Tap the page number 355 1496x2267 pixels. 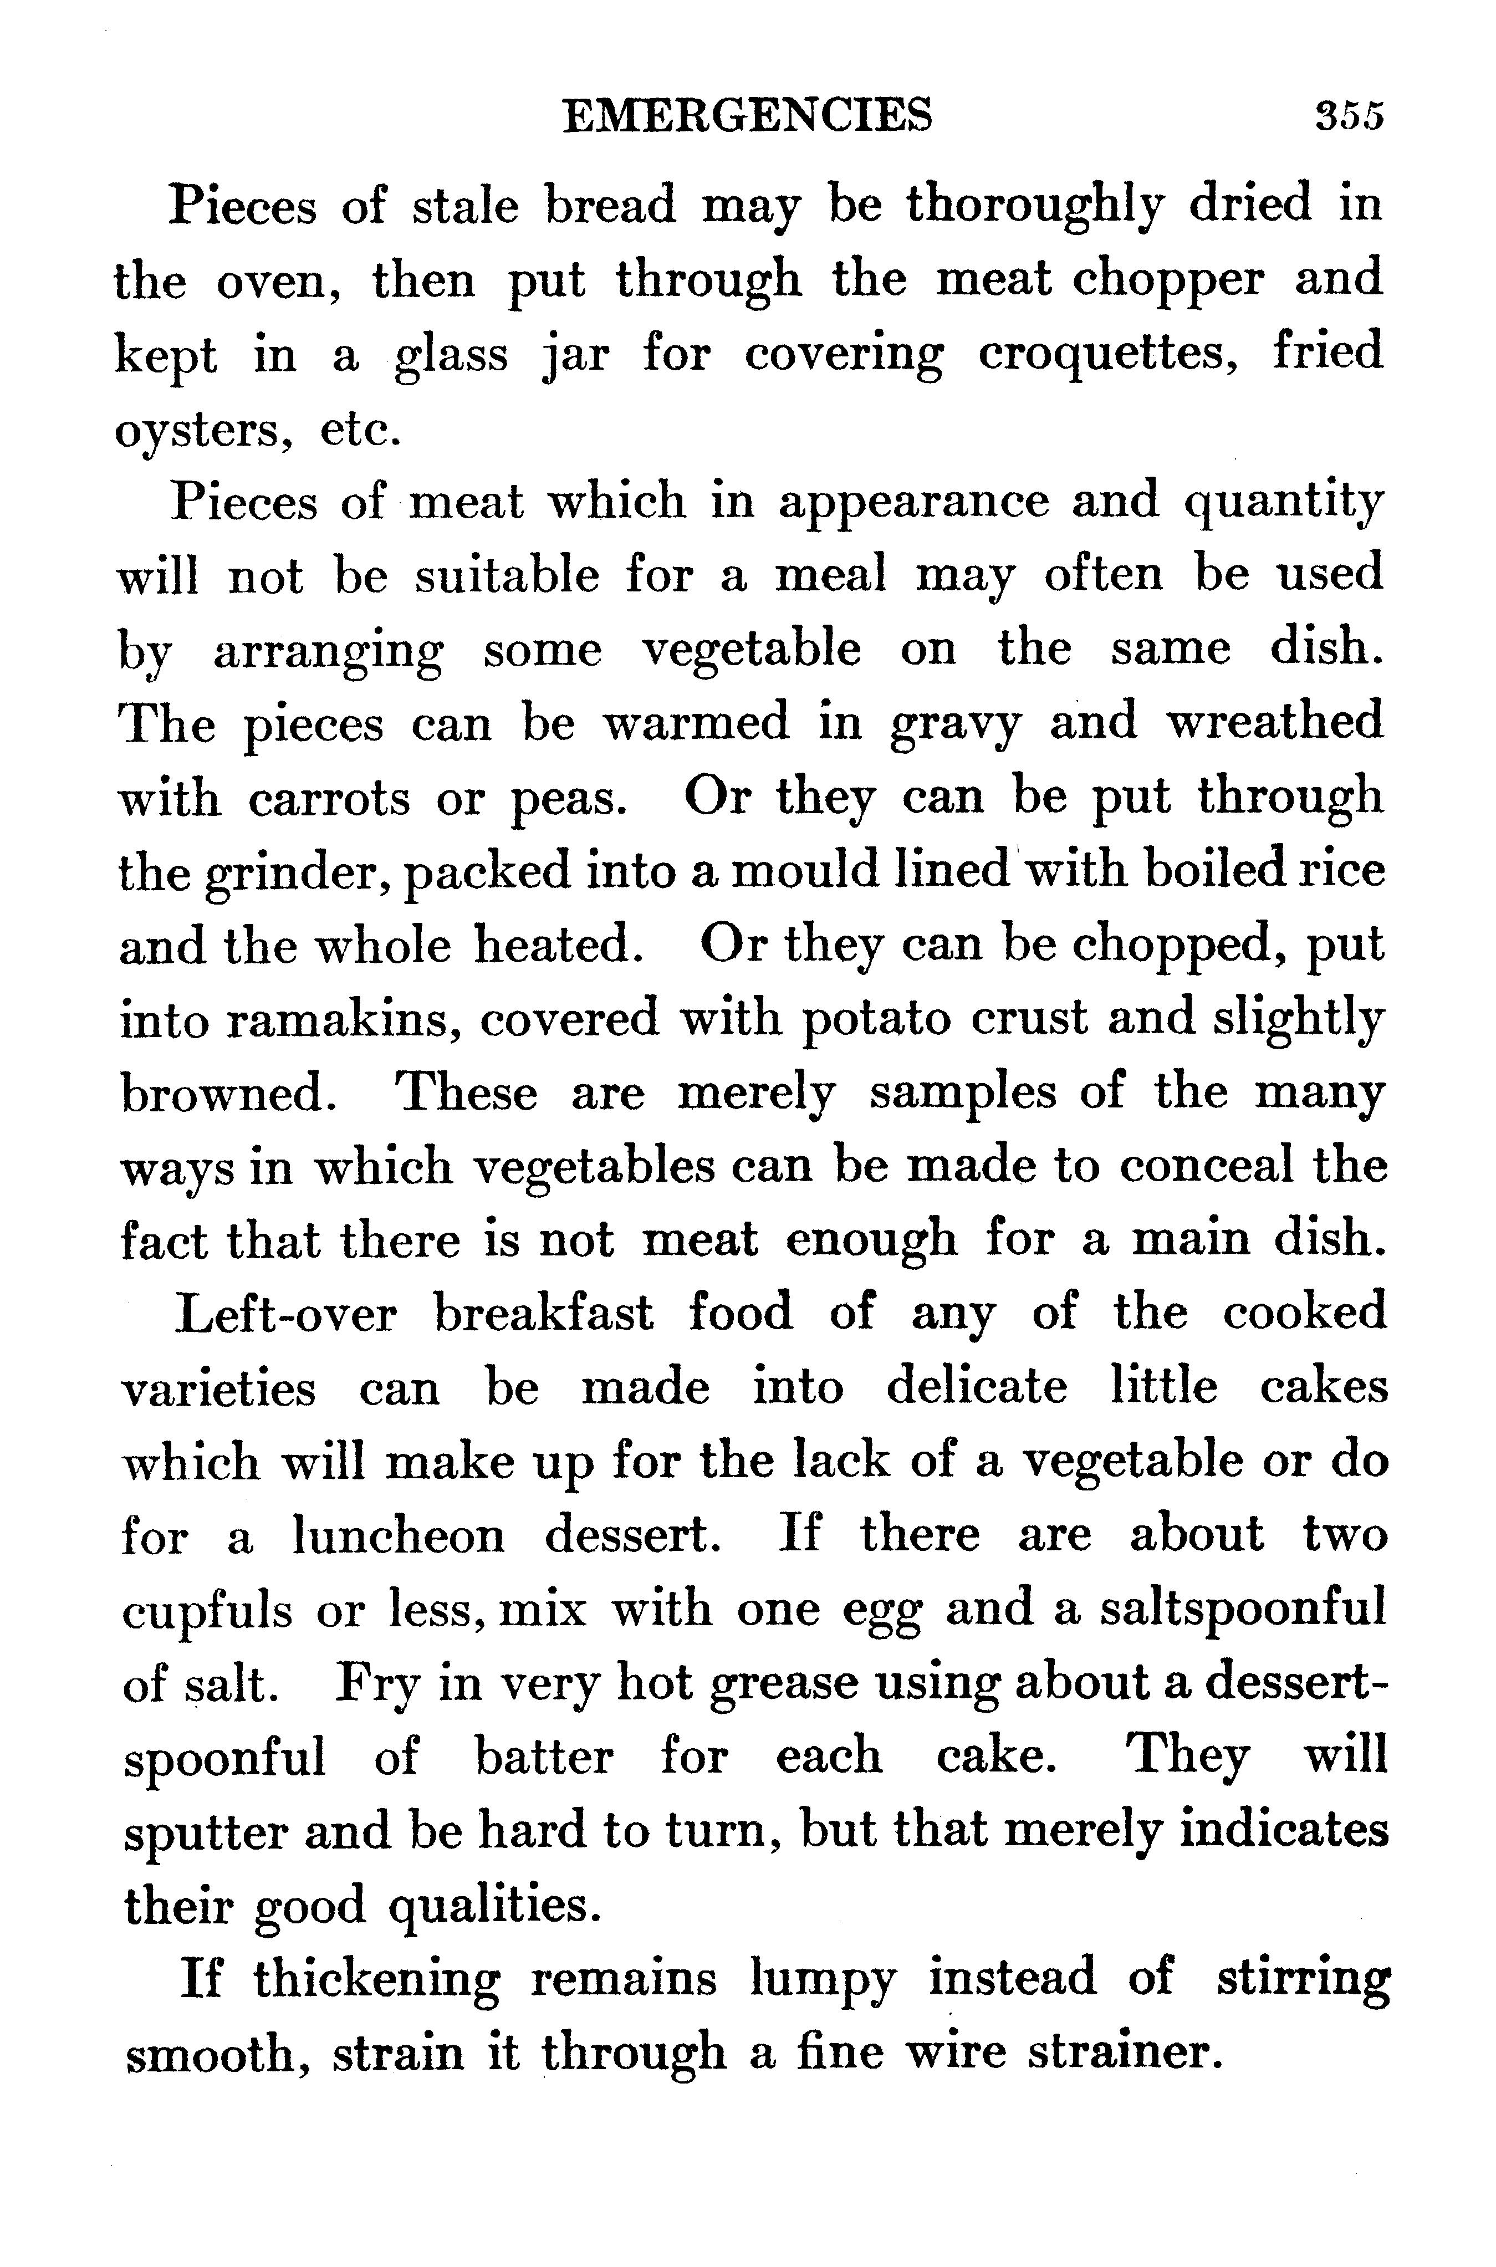[1348, 116]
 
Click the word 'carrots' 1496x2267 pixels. [330, 798]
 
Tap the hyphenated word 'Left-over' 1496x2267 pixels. [286, 1314]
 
